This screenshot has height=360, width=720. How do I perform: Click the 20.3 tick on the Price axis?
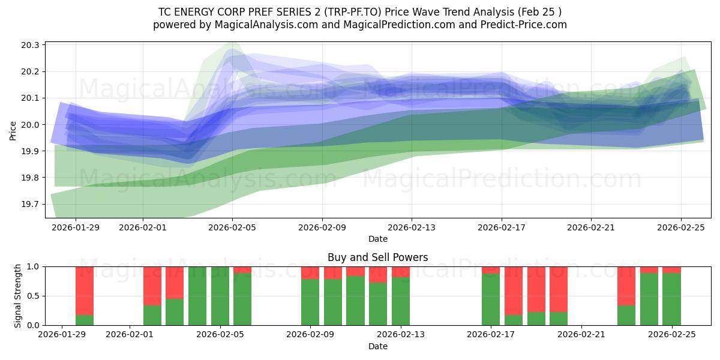tap(31, 46)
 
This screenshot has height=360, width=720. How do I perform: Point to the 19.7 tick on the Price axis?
tap(31, 205)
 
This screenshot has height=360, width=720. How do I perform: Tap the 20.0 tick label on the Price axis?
tap(31, 125)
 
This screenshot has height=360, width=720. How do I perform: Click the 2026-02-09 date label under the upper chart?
tap(322, 228)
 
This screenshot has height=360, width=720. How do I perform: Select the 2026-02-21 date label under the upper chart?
tap(591, 228)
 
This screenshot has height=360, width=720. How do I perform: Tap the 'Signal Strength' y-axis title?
tap(18, 296)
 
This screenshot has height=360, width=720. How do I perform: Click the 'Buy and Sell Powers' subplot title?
tap(378, 257)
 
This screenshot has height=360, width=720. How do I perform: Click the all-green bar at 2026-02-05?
tap(220, 296)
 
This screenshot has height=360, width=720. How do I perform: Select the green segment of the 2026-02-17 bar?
tap(491, 299)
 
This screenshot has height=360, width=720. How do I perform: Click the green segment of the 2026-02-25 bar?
tap(671, 299)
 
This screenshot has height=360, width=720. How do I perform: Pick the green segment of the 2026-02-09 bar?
tap(310, 302)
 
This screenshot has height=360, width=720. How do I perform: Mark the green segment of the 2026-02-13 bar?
tap(401, 301)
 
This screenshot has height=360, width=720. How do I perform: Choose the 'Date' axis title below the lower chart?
tap(378, 346)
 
